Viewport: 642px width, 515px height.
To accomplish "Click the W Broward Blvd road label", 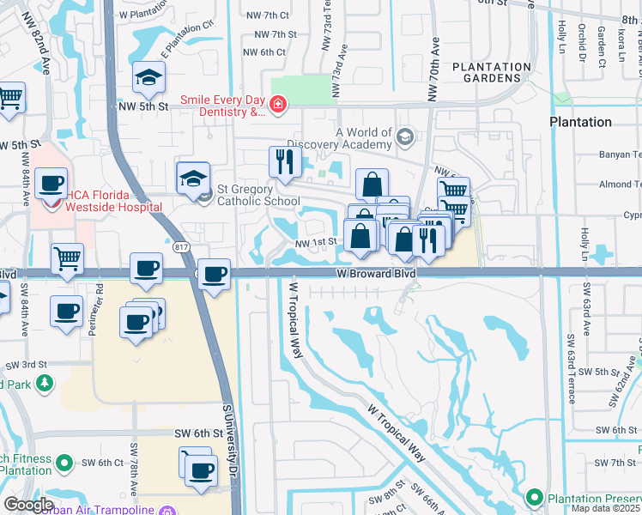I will [x=375, y=273].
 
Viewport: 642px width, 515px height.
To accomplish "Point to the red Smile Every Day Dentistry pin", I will [x=277, y=106].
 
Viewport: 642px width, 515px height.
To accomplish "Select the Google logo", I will [x=27, y=505].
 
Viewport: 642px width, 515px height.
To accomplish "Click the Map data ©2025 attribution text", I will [x=606, y=508].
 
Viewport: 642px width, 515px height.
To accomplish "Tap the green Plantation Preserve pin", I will [x=534, y=497].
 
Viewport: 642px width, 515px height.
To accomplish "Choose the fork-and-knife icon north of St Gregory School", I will [x=283, y=161].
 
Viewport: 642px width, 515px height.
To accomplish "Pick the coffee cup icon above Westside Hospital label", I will [x=51, y=183].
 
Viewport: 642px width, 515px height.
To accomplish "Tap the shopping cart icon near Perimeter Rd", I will [x=67, y=257].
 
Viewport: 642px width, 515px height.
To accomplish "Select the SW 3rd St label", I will [x=26, y=365].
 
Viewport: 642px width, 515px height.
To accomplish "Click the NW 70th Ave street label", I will [x=433, y=64].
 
